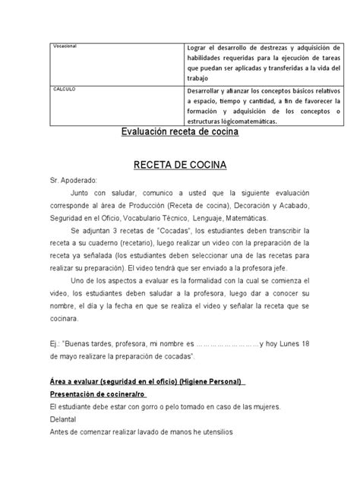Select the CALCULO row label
click(64, 88)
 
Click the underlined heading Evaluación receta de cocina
click(180, 132)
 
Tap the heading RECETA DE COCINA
click(179, 163)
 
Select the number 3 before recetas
click(117, 229)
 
